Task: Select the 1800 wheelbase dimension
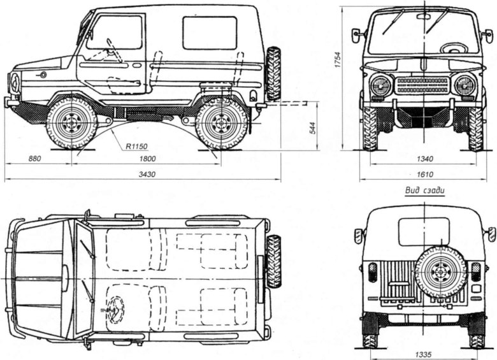147,157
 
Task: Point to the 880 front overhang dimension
38,157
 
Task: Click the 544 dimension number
312,129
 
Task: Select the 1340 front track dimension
423,159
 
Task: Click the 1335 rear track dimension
423,352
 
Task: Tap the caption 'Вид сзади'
424,190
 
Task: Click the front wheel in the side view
71,122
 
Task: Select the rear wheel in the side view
221,122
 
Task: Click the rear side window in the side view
210,33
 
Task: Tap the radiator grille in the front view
422,85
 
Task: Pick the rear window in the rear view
424,231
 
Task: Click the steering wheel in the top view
116,310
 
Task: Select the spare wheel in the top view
273,261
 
